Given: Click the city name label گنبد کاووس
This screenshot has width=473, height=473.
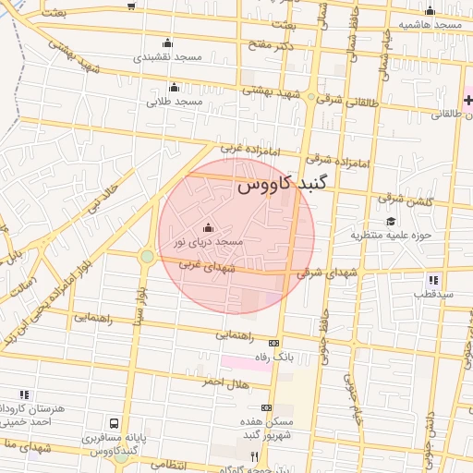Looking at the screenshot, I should (x=275, y=185).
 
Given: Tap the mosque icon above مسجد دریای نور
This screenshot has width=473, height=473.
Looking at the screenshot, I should (x=208, y=228).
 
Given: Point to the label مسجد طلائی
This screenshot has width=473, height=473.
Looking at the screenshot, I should (x=175, y=101).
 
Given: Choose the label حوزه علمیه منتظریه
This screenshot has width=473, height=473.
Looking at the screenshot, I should (x=391, y=235).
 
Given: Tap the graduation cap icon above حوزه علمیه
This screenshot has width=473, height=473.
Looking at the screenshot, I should (x=391, y=222).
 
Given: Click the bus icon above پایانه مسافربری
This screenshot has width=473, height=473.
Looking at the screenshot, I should (x=114, y=424).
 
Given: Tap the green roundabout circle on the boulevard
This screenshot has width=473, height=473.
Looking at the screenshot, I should (x=147, y=256).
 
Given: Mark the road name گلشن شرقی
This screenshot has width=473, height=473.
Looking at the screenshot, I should (x=402, y=198).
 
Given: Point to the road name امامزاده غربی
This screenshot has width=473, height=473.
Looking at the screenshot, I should (x=242, y=148).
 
